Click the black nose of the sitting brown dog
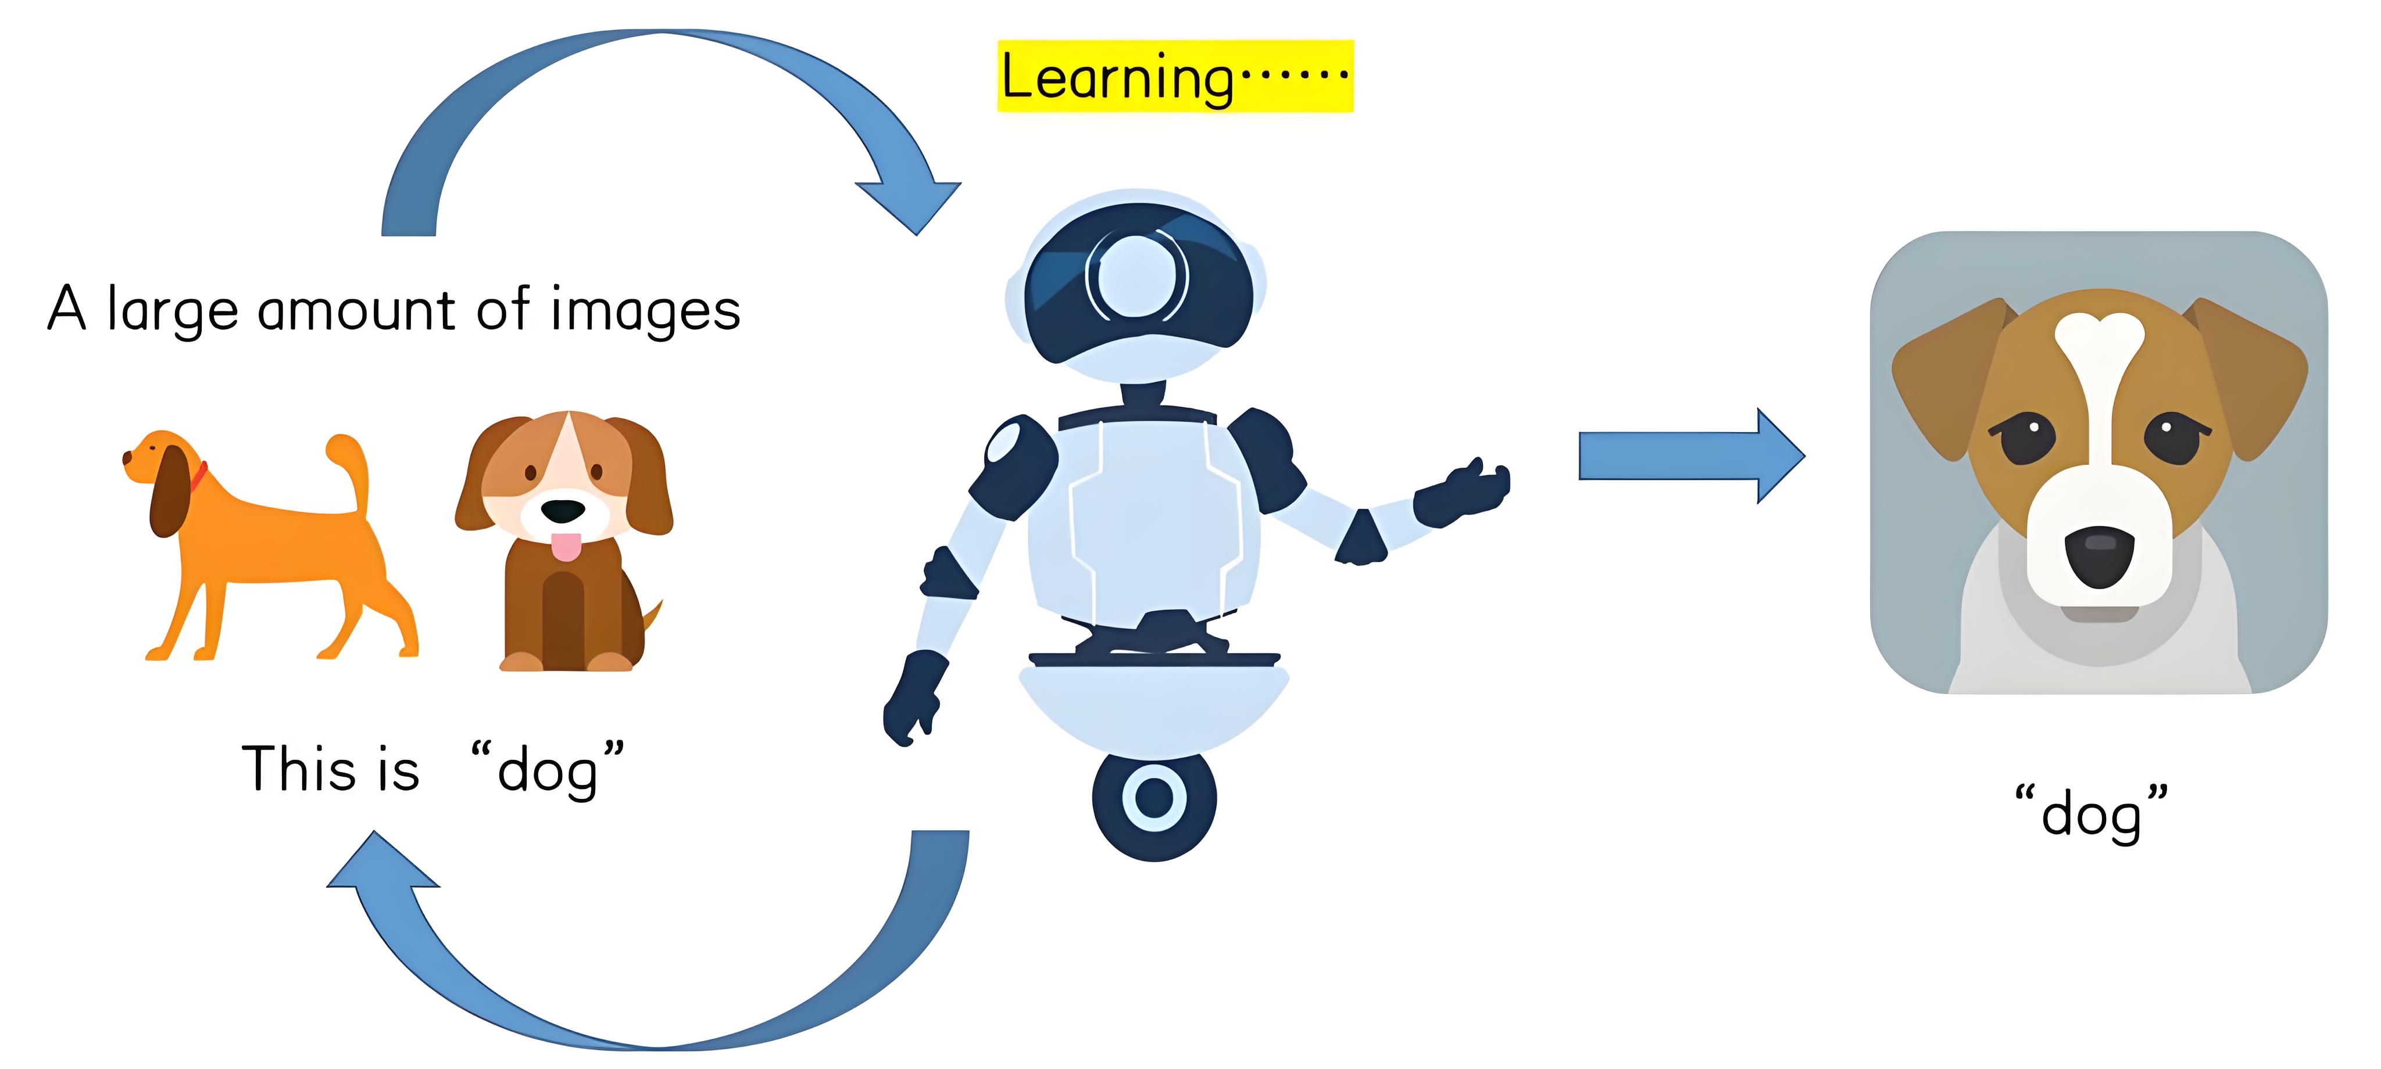562,511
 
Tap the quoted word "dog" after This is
547,769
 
